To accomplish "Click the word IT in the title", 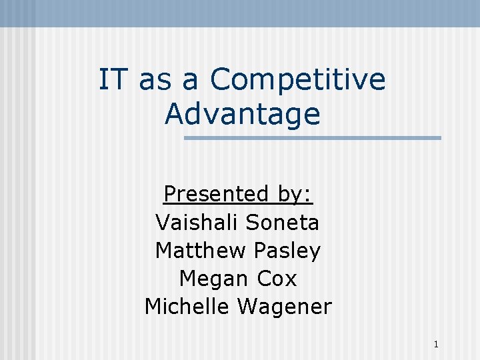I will click(x=114, y=80).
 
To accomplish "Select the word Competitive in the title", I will click(x=297, y=80).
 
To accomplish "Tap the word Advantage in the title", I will click(x=243, y=113).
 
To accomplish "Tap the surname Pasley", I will click(x=287, y=250).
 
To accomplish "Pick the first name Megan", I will click(x=211, y=279).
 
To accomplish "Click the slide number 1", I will click(x=435, y=345).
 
